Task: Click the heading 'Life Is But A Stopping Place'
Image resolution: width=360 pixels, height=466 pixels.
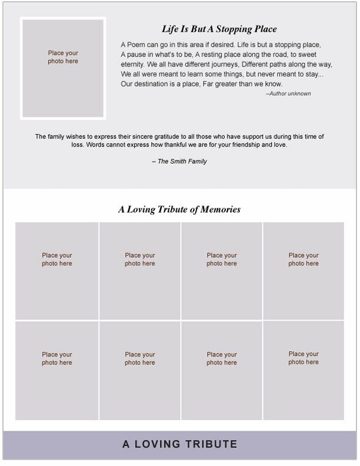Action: click(x=219, y=29)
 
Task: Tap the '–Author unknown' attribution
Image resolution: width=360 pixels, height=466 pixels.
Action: click(x=288, y=94)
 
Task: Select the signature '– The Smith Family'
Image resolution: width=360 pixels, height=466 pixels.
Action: click(x=179, y=161)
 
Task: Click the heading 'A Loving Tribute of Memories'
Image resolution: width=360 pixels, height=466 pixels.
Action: click(x=179, y=209)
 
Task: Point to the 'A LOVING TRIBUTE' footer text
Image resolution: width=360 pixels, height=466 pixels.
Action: click(x=180, y=444)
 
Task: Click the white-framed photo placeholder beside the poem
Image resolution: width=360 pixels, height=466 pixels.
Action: click(x=63, y=68)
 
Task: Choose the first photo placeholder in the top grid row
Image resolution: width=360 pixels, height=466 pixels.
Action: click(x=57, y=271)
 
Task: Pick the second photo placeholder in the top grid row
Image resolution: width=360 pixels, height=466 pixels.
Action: click(x=140, y=271)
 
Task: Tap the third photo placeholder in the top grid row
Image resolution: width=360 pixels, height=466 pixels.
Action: click(x=222, y=271)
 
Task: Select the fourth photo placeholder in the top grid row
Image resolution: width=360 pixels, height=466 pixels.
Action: click(x=304, y=271)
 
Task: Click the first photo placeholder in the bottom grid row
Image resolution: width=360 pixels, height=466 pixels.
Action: click(x=57, y=371)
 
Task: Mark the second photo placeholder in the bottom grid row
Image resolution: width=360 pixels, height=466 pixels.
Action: click(x=140, y=371)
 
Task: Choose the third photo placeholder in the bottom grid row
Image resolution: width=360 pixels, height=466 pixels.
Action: click(x=222, y=371)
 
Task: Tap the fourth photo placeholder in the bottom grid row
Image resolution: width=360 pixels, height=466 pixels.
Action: click(x=304, y=371)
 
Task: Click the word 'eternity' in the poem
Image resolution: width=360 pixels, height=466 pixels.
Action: click(x=132, y=64)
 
